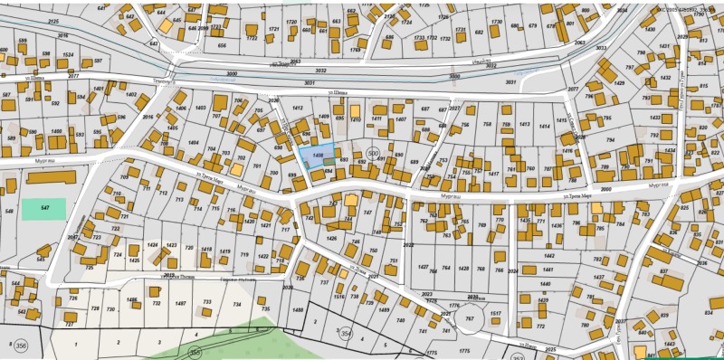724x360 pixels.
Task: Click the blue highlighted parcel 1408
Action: pyautogui.click(x=316, y=156)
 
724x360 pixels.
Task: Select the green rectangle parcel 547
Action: pyautogui.click(x=43, y=209)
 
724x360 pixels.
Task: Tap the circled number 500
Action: pyautogui.click(x=373, y=154)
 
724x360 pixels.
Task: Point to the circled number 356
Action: pyautogui.click(x=19, y=344)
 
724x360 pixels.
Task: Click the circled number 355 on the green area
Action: pyautogui.click(x=193, y=351)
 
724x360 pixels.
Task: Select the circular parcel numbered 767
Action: pyautogui.click(x=469, y=319)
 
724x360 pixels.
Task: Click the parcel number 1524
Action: pyautogui.click(x=69, y=55)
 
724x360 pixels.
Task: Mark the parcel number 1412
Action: pyautogui.click(x=297, y=107)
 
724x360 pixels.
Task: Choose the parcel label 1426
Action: pyautogui.click(x=331, y=238)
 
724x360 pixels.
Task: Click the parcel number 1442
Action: pyautogui.click(x=548, y=256)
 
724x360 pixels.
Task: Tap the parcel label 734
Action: pyautogui.click(x=237, y=305)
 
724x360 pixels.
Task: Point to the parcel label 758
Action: pyautogui.click(x=488, y=125)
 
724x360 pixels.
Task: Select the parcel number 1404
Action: pyautogui.click(x=193, y=143)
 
